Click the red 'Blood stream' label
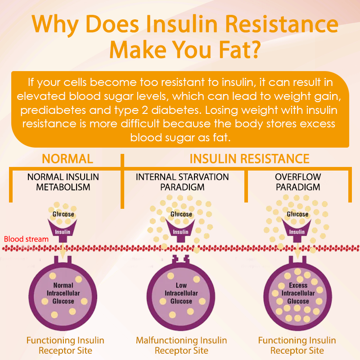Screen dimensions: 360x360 (26, 239)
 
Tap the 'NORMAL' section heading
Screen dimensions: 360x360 (67, 159)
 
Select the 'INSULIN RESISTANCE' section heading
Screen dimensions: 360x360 (250, 159)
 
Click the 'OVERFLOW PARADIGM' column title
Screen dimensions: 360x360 (298, 182)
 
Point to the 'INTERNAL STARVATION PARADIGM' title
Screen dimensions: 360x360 (182, 182)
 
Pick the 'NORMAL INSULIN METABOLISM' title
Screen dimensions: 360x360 (63, 182)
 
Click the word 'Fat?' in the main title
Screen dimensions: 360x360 (240, 49)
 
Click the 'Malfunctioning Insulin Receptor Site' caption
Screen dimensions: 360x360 (181, 345)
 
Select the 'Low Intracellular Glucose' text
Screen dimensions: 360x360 (181, 293)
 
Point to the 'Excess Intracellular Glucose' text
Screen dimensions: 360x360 (298, 293)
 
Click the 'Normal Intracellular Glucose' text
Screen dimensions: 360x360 (63, 293)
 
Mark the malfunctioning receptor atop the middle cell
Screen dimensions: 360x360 (181, 260)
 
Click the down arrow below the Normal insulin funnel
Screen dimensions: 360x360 (63, 251)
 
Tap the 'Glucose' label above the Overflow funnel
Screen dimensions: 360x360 (297, 214)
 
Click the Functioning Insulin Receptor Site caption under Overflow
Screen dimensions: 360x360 (297, 345)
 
